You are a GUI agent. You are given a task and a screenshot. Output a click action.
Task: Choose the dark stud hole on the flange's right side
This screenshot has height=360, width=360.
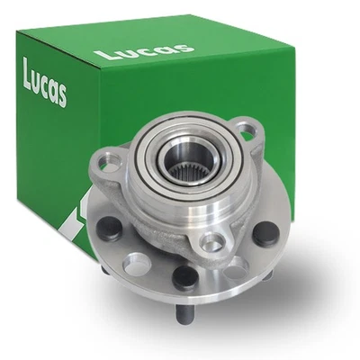coord(263,236)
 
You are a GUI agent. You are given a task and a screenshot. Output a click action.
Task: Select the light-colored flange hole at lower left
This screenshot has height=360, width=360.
coord(132,266)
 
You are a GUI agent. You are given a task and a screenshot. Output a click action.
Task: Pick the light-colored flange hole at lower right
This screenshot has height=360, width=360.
coord(238,270)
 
